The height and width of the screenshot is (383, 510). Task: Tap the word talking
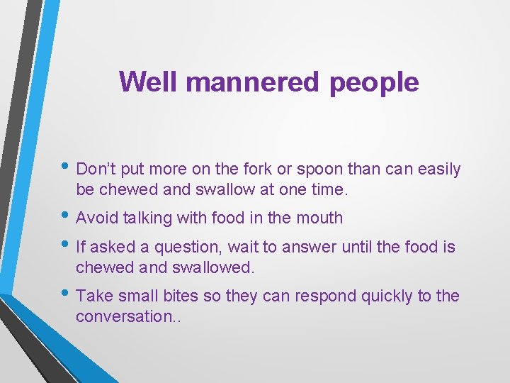tap(147, 218)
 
